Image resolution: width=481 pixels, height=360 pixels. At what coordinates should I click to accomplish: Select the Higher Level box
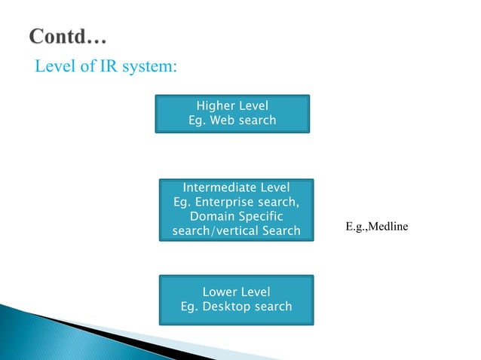(232, 113)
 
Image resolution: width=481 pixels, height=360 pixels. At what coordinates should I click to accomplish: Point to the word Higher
(214, 105)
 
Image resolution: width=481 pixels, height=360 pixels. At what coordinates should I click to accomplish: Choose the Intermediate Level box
(236, 209)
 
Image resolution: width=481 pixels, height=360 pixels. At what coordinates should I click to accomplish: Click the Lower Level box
(236, 299)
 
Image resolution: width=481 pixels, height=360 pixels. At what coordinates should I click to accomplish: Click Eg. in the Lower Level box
(191, 307)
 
